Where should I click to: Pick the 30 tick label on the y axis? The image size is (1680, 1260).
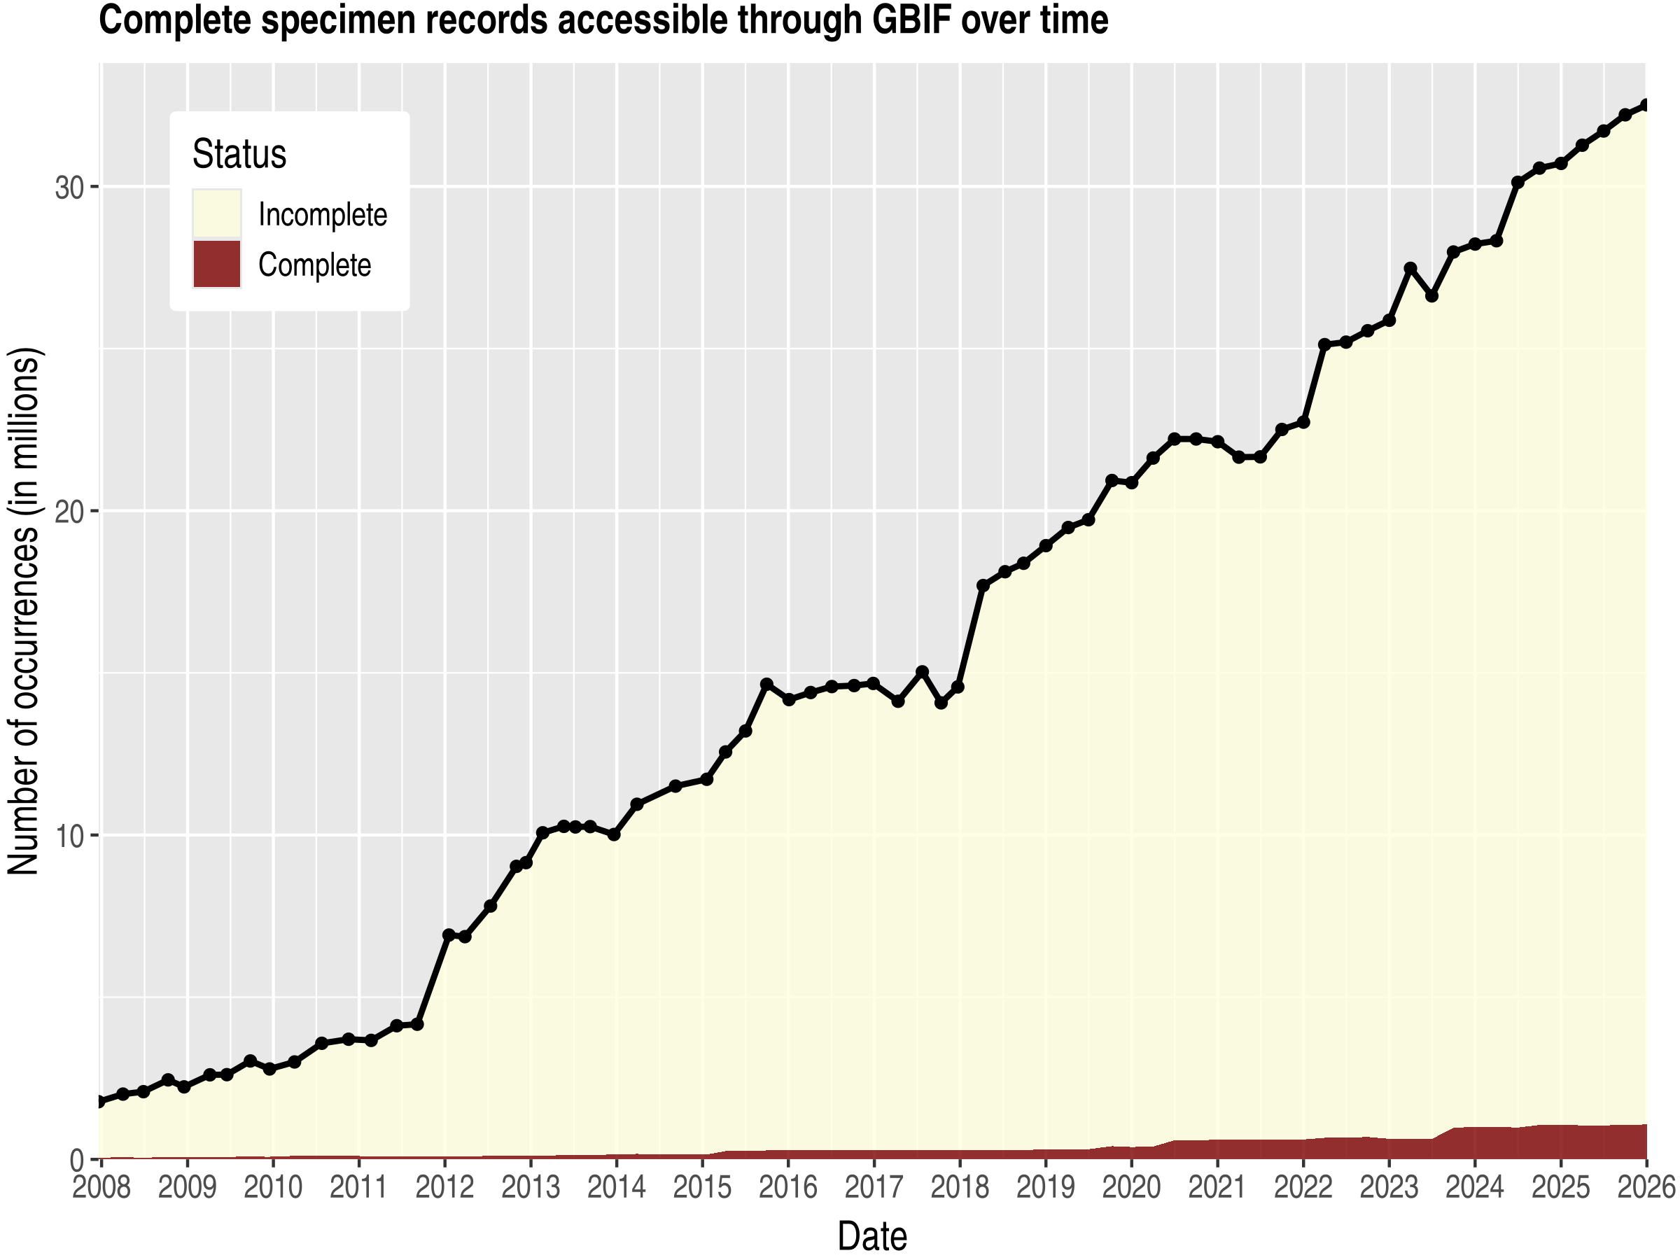tap(69, 188)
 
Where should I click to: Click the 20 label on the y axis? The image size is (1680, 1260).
tap(69, 512)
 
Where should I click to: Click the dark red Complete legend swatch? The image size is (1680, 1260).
tap(217, 265)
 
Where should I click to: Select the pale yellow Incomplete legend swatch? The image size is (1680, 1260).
tap(217, 213)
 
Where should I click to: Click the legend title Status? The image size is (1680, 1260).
tap(239, 154)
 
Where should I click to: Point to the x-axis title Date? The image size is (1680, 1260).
tap(872, 1235)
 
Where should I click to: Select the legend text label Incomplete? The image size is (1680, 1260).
tap(323, 214)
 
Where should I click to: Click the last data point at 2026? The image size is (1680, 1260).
tap(1646, 105)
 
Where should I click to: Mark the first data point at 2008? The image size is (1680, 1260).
tap(100, 1101)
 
